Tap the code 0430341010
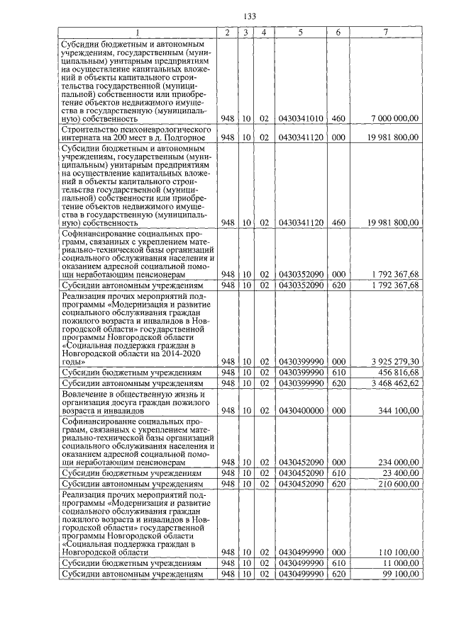pos(301,118)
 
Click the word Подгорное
pos(187,137)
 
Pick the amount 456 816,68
pos(397,372)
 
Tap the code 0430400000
pos(301,411)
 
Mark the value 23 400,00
pos(400,472)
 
